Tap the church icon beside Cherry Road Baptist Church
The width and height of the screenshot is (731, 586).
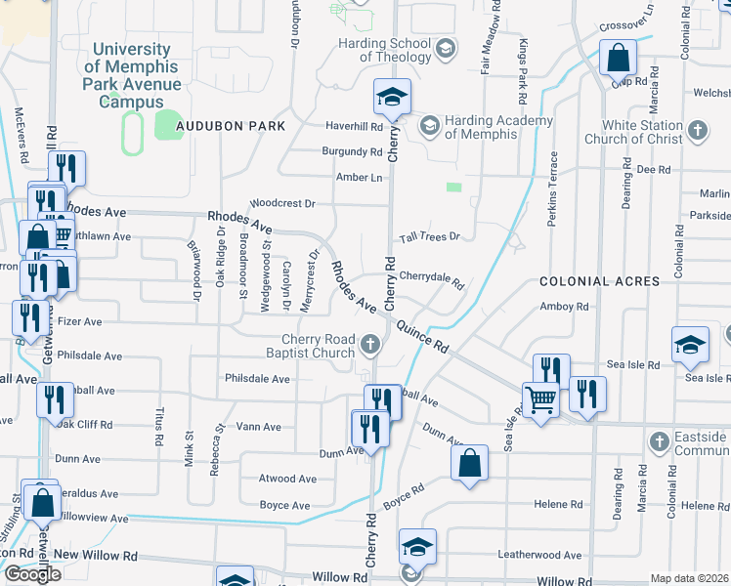tap(370, 344)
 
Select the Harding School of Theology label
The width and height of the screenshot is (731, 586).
tap(385, 50)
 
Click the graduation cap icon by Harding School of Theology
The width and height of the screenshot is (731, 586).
tap(446, 49)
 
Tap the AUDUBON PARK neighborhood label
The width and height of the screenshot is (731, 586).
tap(231, 126)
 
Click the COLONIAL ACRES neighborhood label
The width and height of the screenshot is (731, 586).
tap(600, 280)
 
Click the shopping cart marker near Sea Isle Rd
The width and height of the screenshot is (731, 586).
tap(539, 398)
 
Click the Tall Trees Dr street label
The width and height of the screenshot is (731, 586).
tap(429, 237)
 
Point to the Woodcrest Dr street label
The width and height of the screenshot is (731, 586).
tap(281, 204)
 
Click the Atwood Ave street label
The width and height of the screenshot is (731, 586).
tap(287, 479)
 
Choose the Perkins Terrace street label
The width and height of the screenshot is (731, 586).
tap(552, 189)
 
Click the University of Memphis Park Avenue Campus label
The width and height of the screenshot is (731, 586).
tap(132, 75)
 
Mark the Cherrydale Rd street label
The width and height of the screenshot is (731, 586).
tap(431, 277)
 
